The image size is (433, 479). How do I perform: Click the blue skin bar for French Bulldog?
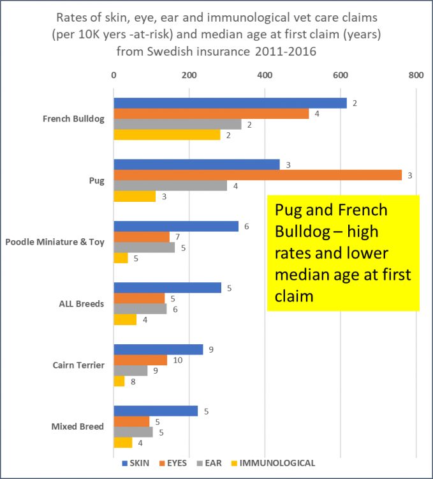coord(230,103)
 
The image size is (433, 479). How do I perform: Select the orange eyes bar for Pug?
coord(257,175)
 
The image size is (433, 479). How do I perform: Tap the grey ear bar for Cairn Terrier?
coord(130,370)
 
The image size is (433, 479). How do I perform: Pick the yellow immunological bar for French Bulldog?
coord(166,135)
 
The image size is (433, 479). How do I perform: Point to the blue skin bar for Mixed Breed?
coord(156,411)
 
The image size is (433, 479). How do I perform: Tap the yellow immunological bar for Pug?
coord(135,196)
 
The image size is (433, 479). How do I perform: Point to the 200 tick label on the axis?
coord(189,75)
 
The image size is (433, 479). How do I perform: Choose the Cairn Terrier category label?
coord(78,365)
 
